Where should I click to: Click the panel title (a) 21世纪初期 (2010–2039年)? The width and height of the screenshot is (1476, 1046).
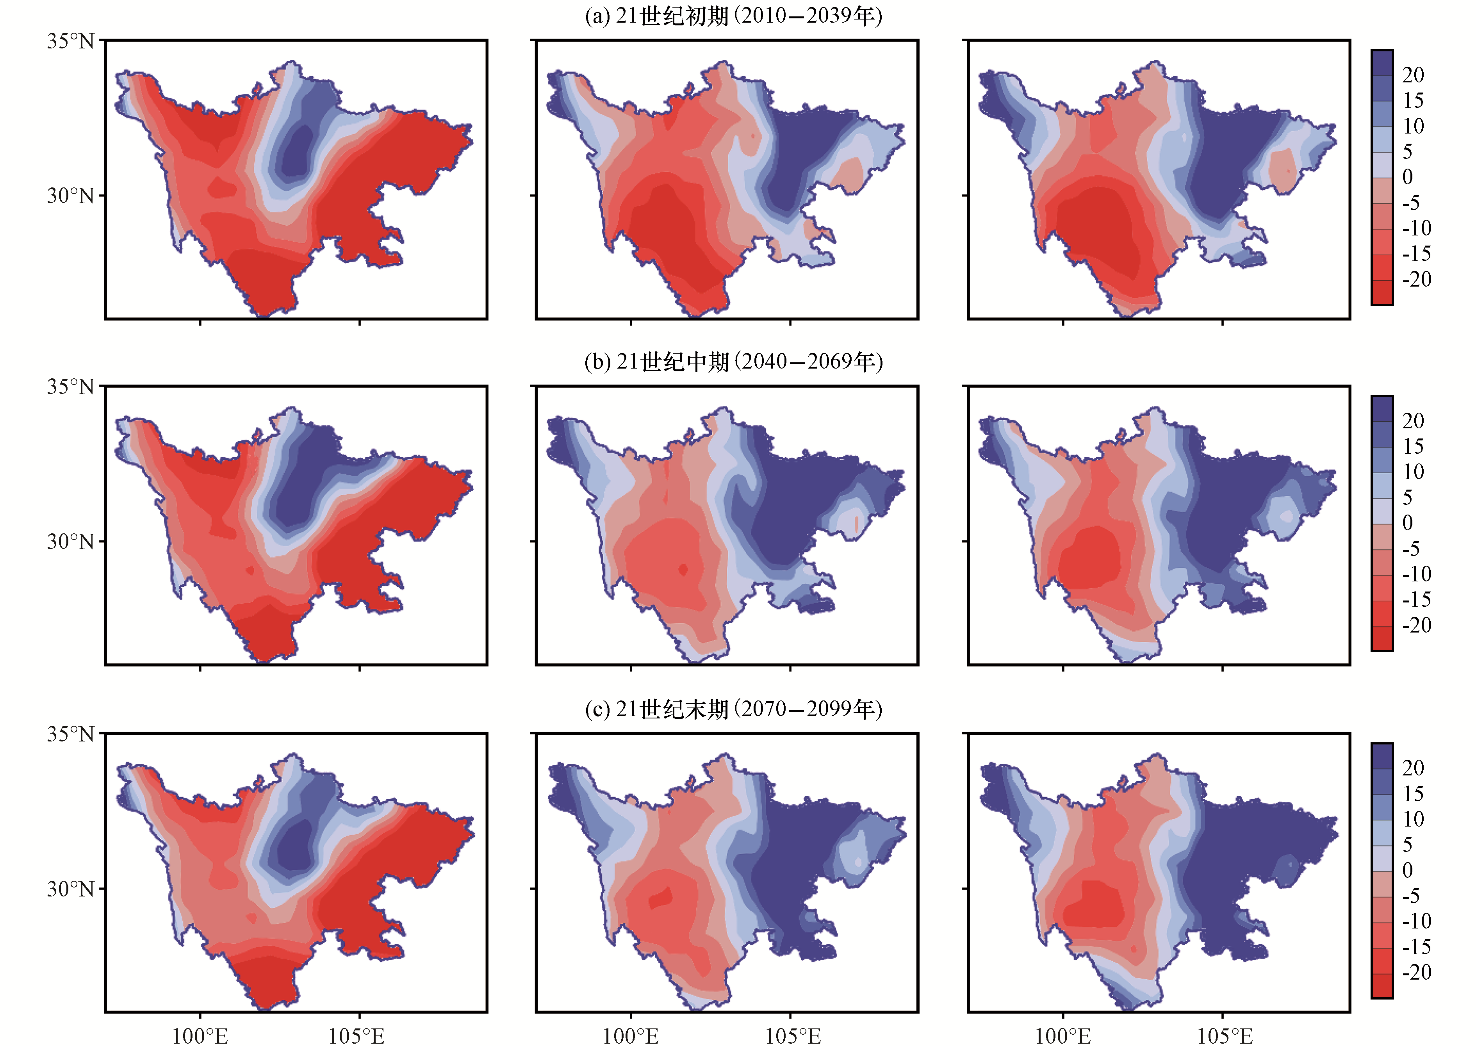click(x=733, y=16)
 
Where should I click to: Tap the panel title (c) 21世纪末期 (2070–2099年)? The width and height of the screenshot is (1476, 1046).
click(x=733, y=709)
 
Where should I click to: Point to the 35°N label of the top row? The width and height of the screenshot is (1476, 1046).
click(x=70, y=41)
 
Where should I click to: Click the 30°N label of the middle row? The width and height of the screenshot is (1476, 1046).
click(x=70, y=541)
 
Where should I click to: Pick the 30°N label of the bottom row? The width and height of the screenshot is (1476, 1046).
click(x=70, y=889)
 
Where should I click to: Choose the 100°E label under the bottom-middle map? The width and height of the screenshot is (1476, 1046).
click(x=631, y=1035)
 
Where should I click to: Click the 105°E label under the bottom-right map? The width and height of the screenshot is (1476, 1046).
click(x=1225, y=1035)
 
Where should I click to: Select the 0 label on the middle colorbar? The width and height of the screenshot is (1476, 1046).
click(x=1408, y=522)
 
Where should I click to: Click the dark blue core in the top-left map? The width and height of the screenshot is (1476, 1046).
click(x=297, y=152)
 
